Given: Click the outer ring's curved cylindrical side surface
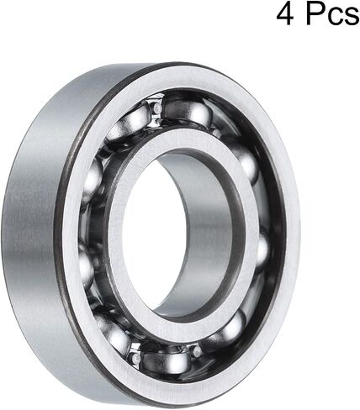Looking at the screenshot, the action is pos(31,224).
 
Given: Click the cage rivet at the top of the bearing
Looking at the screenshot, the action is pos(157,108).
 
